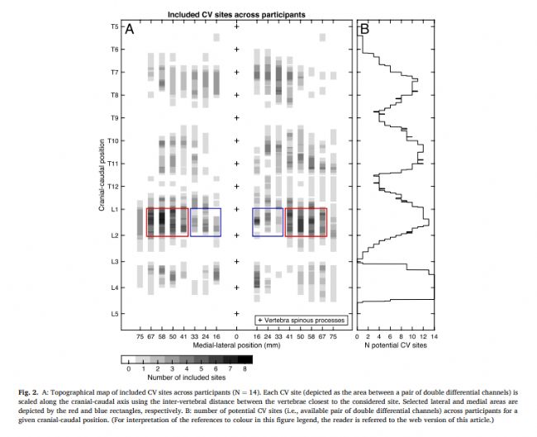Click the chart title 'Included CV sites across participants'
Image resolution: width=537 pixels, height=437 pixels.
(237, 15)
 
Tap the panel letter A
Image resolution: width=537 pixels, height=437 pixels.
(130, 30)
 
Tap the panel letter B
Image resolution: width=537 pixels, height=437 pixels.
(364, 30)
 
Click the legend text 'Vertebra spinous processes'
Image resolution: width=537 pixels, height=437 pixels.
(305, 320)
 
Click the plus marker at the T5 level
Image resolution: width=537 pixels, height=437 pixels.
(237, 27)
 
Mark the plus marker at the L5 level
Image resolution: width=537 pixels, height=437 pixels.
(237, 314)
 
